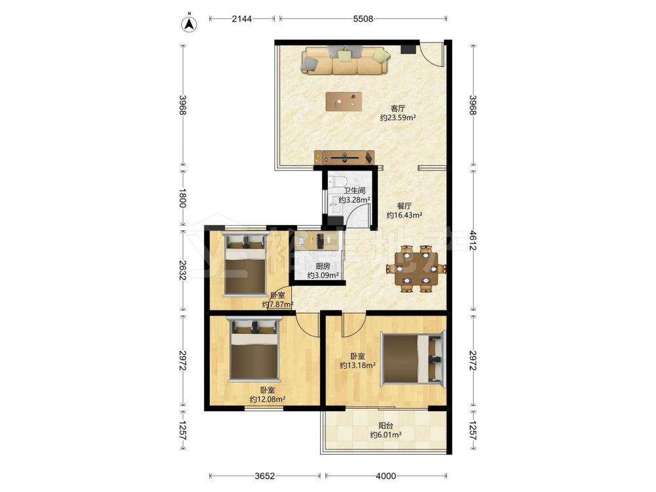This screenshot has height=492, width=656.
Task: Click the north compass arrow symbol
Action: tap(189, 24)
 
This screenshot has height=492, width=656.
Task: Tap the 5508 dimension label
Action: tap(363, 18)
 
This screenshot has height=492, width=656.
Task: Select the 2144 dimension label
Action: tap(242, 18)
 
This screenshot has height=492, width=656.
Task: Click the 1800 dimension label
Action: tap(183, 198)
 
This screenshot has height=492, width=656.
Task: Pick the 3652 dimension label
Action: tap(264, 476)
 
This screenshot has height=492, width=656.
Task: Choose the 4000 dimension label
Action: tap(385, 476)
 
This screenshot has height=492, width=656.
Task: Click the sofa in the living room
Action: tap(346, 60)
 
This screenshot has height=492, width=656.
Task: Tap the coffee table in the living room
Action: tap(344, 101)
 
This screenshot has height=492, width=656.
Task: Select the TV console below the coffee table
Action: tap(344, 157)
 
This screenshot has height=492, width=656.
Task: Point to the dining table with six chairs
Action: tap(416, 268)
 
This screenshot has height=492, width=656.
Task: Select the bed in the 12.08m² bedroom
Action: tap(253, 349)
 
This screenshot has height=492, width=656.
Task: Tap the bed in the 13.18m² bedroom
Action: tap(413, 358)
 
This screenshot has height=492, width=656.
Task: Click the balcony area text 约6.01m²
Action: tap(385, 435)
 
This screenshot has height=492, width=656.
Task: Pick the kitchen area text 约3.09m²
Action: tap(323, 276)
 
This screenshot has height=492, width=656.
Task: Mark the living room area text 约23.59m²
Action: tap(398, 117)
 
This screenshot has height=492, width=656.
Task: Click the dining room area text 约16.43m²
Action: tap(403, 215)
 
